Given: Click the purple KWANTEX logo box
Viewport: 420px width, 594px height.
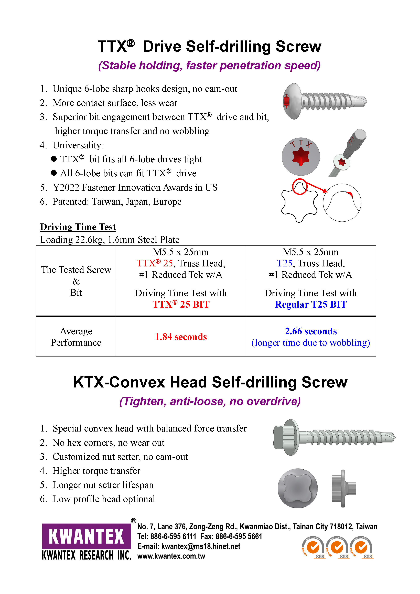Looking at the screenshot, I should coord(87,536).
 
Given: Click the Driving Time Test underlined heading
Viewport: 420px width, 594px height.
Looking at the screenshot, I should coord(78,227).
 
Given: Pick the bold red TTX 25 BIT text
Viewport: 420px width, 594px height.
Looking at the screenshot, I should coord(181,305).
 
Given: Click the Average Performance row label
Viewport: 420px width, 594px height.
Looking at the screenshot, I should coord(76,337).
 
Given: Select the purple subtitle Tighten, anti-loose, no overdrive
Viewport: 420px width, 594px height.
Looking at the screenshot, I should coord(210,401).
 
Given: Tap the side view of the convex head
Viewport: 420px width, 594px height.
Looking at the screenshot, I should coord(343,488).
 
